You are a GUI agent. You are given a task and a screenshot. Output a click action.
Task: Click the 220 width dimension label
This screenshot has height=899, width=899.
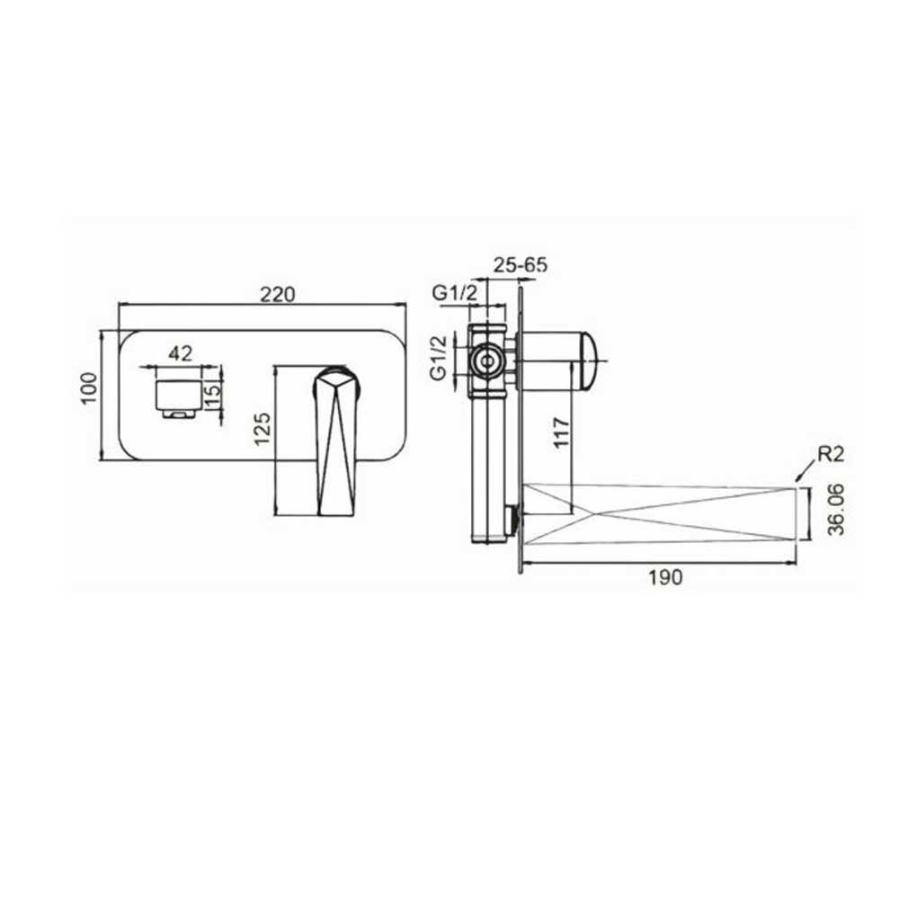coord(278,294)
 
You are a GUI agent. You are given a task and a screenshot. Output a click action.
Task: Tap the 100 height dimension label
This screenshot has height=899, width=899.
coord(89,388)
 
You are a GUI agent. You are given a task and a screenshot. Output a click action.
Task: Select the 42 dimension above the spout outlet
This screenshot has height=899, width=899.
coord(181,353)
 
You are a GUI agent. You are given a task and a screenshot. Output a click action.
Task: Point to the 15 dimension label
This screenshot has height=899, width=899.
coord(212,396)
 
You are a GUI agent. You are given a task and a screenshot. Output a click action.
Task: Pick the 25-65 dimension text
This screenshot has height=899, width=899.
coord(520,264)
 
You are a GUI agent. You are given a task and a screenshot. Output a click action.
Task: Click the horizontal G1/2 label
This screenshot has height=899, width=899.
coord(454,293)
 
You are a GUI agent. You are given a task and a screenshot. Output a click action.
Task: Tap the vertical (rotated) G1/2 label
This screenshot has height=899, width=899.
coord(439,358)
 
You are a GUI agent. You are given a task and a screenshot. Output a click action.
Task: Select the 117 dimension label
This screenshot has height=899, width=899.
coord(562,433)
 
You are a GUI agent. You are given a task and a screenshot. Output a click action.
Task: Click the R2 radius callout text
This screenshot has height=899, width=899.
coord(831,454)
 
